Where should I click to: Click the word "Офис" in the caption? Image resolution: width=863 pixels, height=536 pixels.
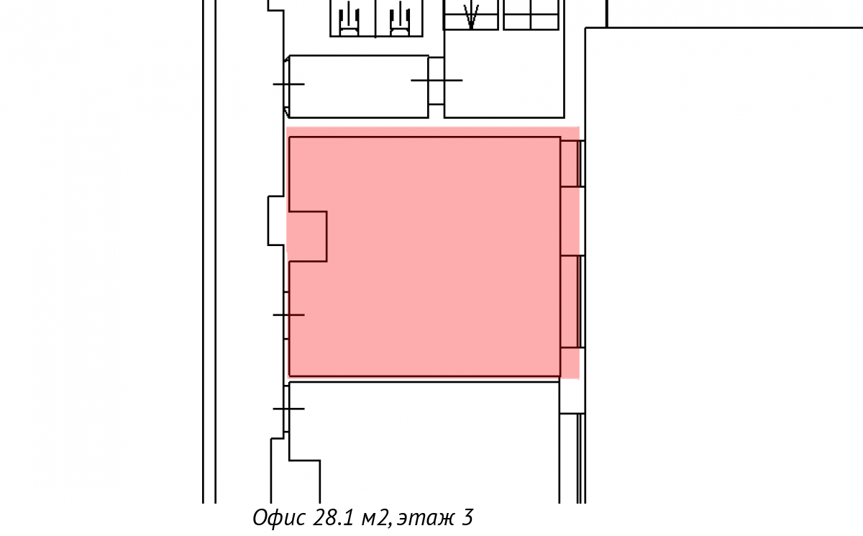click(279, 517)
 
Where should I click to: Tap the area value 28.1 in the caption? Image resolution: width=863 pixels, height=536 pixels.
click(333, 517)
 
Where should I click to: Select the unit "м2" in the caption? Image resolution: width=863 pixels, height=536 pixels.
click(374, 518)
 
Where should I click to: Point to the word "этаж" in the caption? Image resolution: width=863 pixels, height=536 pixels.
click(426, 519)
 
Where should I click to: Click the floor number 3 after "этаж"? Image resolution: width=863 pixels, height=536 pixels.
click(467, 517)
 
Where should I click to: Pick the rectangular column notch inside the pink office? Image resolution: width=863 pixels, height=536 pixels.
click(308, 236)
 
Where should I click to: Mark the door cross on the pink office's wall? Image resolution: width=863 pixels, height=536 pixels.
click(288, 315)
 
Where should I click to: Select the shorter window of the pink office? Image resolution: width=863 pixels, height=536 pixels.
click(572, 163)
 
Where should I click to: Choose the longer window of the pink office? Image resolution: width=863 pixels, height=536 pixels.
click(572, 301)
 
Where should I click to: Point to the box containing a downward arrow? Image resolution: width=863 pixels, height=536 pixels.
click(470, 15)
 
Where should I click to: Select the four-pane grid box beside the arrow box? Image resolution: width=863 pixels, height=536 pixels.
click(531, 15)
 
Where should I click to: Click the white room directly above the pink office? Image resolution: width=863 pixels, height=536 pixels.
click(359, 87)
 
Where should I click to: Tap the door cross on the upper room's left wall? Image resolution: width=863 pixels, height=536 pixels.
click(288, 84)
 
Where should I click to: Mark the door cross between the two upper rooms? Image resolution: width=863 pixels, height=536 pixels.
click(437, 81)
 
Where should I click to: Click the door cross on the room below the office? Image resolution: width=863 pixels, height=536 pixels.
click(288, 409)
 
